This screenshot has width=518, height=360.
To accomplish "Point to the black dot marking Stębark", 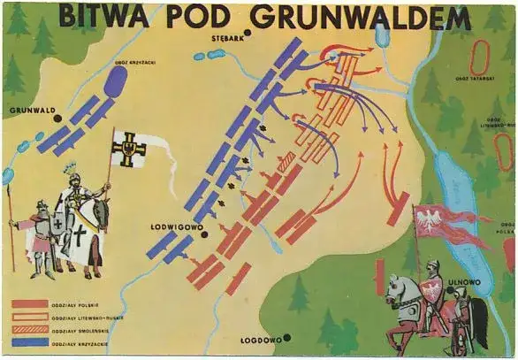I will tap(250, 34).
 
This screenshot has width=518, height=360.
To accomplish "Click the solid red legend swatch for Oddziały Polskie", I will tap(29, 303).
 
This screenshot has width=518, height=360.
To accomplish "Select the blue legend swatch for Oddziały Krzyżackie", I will tap(29, 341).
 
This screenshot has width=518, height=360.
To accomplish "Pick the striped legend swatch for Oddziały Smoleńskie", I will tap(29, 328).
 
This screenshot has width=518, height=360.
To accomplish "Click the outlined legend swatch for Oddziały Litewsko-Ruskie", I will tap(29, 316).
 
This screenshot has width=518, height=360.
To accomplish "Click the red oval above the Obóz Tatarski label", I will tap(480, 57).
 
